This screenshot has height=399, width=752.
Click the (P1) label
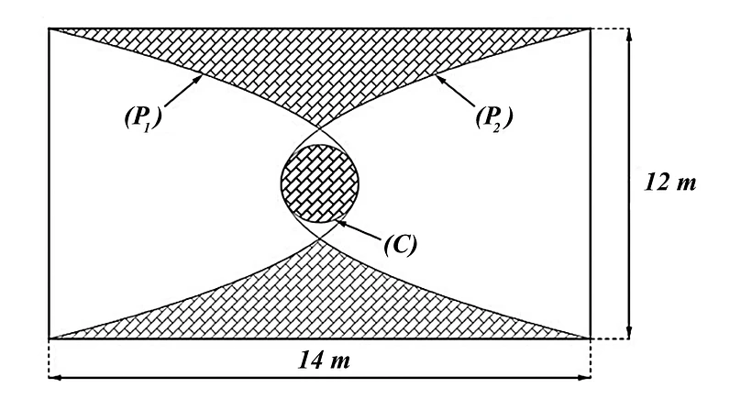(142, 117)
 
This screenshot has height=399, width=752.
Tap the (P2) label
(494, 117)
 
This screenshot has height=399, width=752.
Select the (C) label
(401, 245)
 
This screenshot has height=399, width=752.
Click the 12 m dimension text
(669, 183)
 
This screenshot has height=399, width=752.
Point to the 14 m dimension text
(325, 360)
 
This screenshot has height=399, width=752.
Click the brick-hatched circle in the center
(319, 183)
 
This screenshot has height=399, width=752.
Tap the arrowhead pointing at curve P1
(197, 79)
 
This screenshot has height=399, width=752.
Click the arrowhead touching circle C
(341, 222)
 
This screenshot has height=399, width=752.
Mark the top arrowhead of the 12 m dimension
(629, 34)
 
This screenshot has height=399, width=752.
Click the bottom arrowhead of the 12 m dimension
(629, 333)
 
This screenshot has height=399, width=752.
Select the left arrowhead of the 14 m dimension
(55, 377)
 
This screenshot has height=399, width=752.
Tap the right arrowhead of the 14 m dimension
(584, 377)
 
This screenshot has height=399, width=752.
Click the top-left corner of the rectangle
(49, 28)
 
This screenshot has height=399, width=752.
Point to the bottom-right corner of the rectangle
(590, 338)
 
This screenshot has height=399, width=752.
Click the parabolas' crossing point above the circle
(319, 128)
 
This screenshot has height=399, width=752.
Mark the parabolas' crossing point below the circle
(319, 238)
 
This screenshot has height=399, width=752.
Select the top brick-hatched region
(319, 62)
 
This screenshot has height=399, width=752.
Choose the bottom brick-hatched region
(319, 307)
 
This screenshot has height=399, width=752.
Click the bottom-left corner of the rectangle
(49, 338)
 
